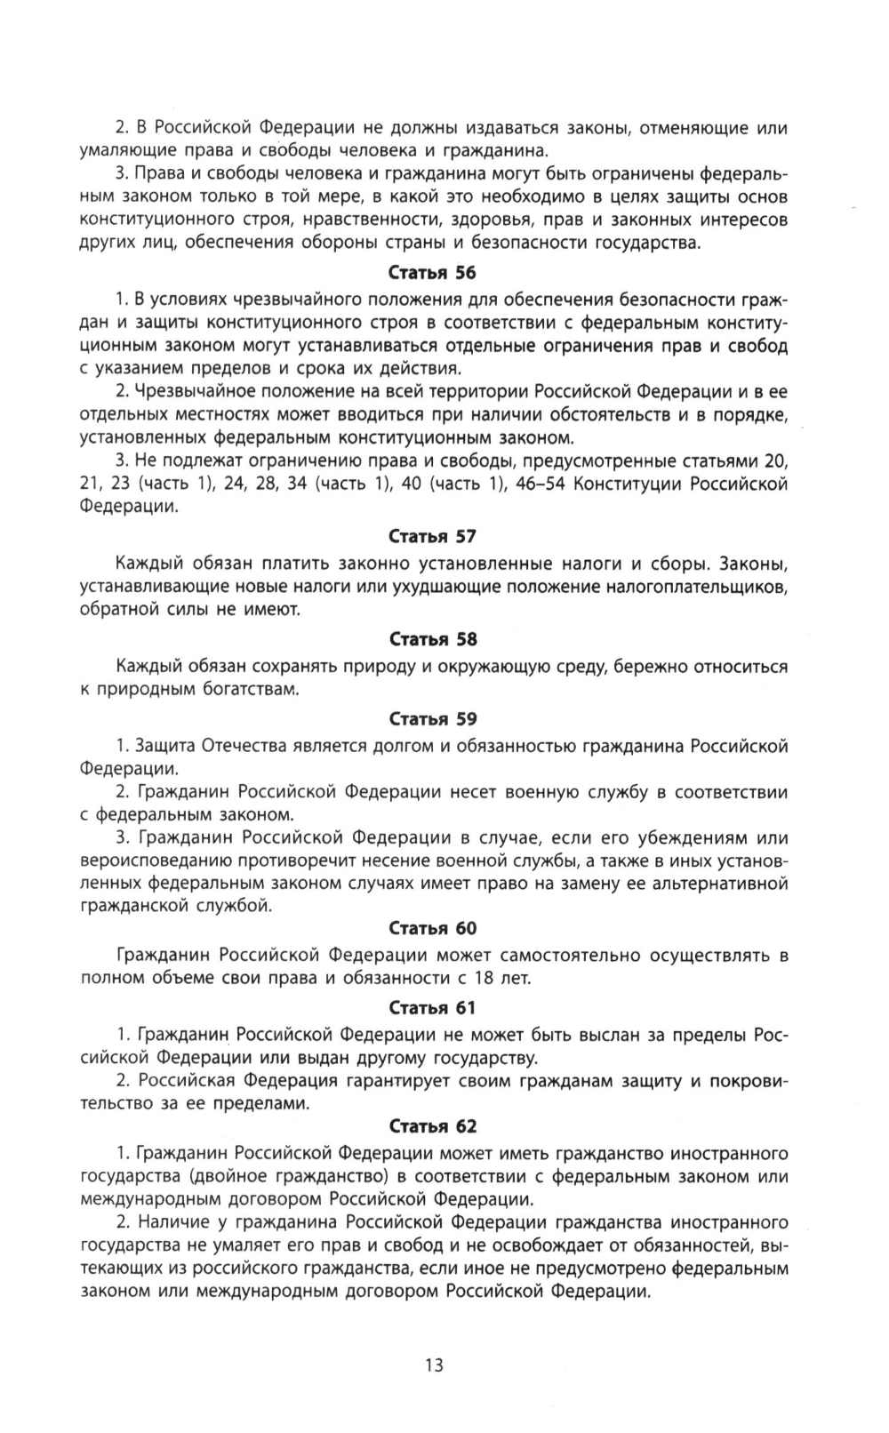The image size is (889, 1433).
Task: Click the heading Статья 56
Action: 433,273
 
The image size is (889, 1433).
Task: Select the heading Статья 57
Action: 433,536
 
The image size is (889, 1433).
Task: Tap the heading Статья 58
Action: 433,639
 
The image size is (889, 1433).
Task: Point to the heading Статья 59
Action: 433,718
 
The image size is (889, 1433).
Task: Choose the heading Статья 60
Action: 433,928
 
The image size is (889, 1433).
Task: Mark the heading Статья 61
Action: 433,1007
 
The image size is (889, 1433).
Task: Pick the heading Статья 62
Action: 433,1126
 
